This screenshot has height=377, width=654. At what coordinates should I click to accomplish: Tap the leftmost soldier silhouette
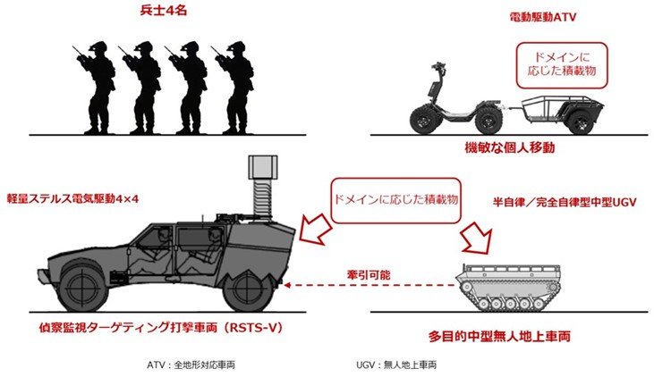(x=94, y=85)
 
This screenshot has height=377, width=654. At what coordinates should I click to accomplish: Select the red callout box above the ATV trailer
(x=559, y=65)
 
